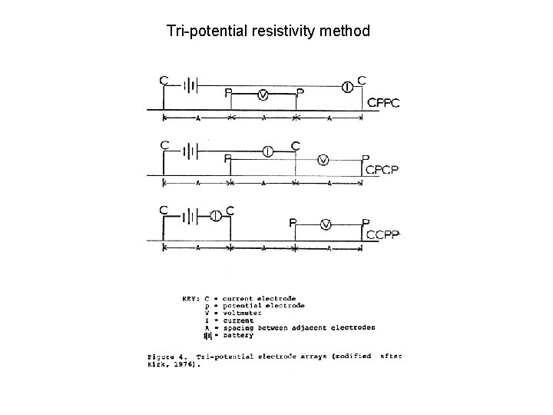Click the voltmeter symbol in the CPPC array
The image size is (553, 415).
coord(263,95)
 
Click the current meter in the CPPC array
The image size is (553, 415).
coord(348,87)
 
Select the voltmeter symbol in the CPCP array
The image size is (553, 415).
coord(323,160)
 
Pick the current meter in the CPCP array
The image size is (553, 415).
coord(267,151)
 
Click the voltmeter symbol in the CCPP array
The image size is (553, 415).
coord(326,224)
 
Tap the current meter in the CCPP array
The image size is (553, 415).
coord(216,216)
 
